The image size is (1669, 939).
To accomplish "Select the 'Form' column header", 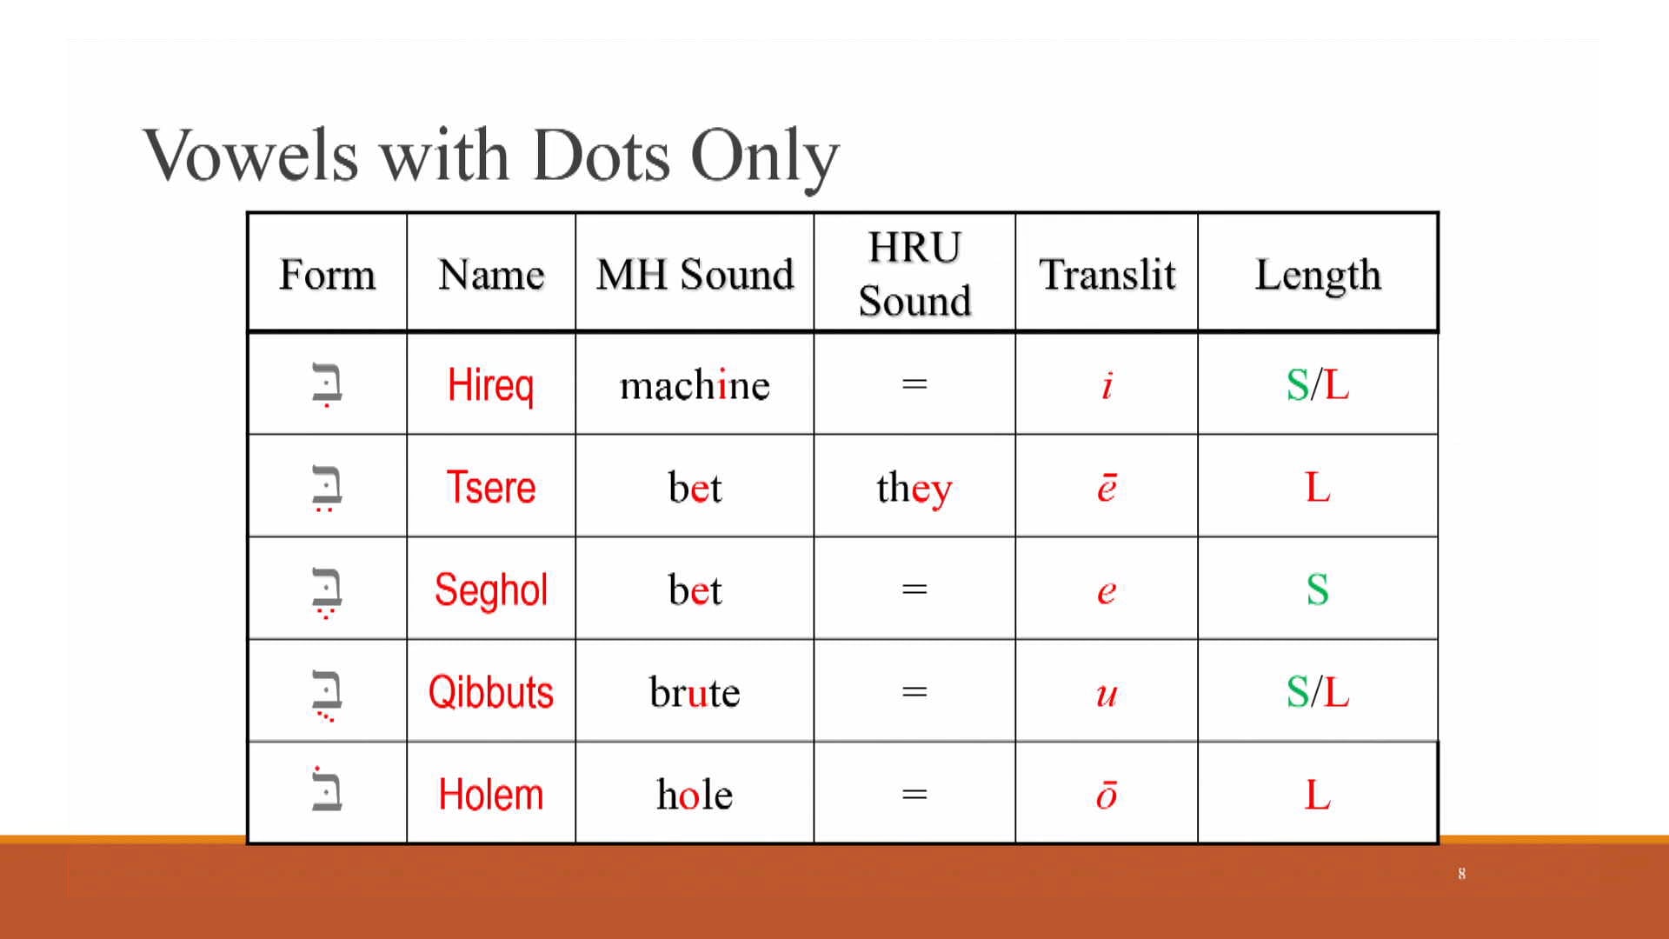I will [x=327, y=275].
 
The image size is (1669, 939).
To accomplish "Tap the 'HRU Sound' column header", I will [x=914, y=274].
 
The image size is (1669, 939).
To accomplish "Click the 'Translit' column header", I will [x=1107, y=275].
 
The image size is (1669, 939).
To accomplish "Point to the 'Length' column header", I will [x=1318, y=275].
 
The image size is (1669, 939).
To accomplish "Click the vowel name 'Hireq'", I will [x=490, y=384].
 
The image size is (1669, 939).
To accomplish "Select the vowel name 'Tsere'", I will [x=490, y=487].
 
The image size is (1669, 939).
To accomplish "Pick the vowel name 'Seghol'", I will [x=490, y=589].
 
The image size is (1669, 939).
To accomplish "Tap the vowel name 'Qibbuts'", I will [x=490, y=692].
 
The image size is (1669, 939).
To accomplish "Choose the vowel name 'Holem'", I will [x=490, y=795].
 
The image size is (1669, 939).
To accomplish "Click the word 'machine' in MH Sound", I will [x=695, y=384].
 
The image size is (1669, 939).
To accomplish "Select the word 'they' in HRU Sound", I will [x=914, y=488].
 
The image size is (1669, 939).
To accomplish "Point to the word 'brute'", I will [x=695, y=692].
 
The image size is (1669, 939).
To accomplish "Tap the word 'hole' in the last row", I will [x=695, y=795].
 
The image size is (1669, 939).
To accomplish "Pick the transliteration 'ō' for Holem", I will [x=1107, y=795].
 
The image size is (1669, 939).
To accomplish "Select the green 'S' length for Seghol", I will [x=1318, y=589].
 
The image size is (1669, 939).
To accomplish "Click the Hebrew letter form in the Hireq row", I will [x=327, y=384].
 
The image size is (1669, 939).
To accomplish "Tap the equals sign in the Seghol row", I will [x=914, y=589].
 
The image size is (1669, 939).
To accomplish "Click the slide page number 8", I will [x=1462, y=874].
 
